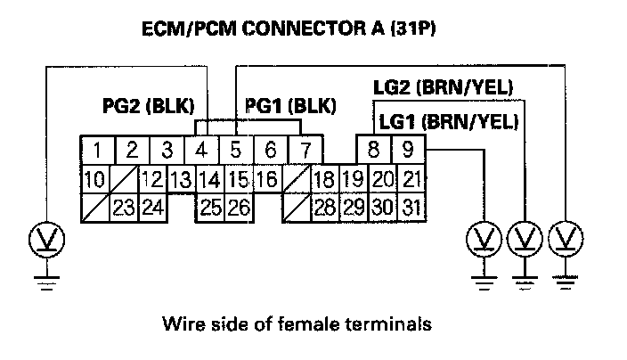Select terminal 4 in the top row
click(203, 149)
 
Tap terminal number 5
click(237, 149)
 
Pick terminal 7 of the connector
click(305, 149)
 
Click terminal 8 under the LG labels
click(374, 149)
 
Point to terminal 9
click(409, 149)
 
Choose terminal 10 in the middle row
click(94, 180)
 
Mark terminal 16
click(265, 180)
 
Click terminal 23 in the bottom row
click(124, 209)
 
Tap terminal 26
click(238, 209)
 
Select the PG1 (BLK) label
click(290, 107)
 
